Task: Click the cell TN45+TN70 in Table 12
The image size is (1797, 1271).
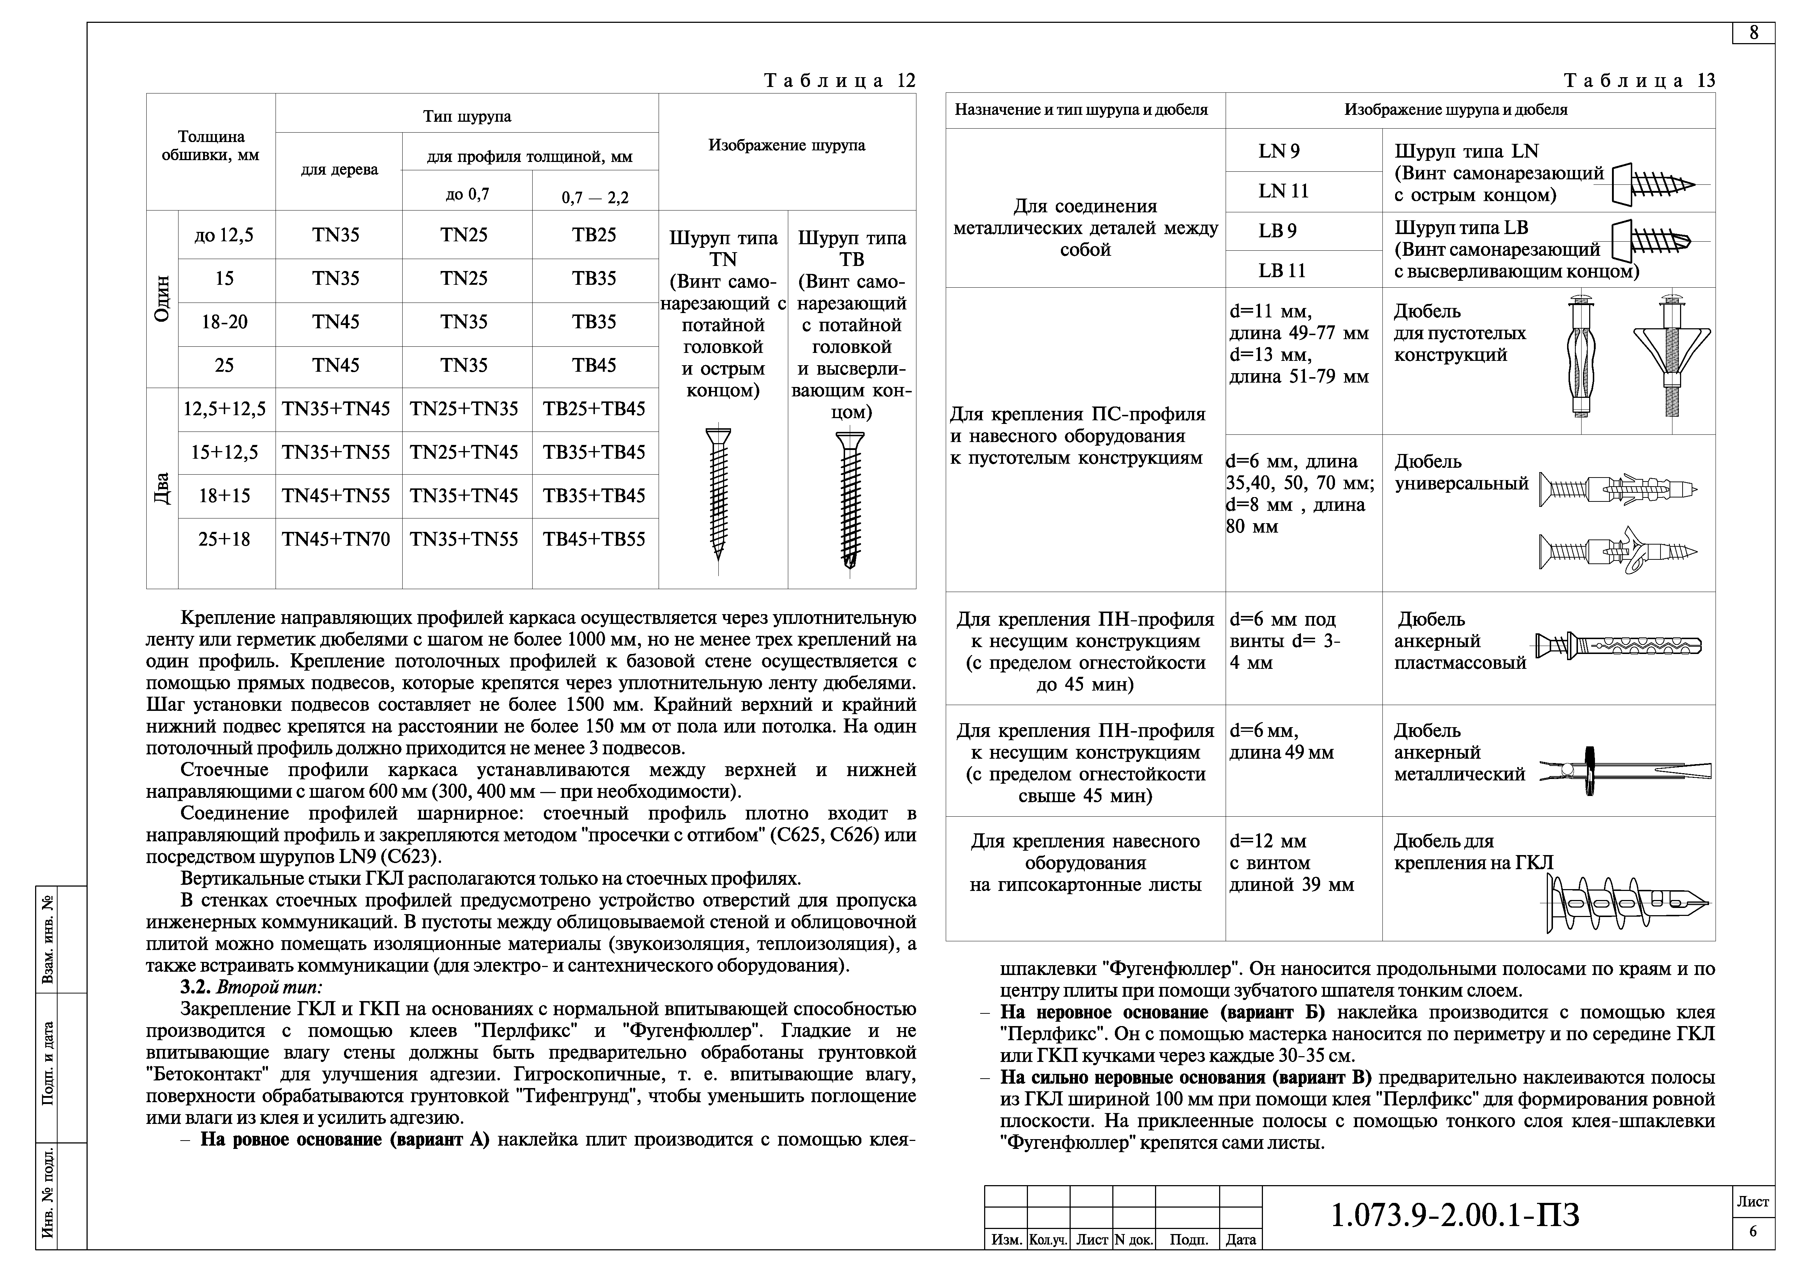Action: [x=336, y=539]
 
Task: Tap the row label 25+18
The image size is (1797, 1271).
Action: [x=224, y=539]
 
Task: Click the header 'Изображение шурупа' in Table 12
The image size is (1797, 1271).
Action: [x=786, y=146]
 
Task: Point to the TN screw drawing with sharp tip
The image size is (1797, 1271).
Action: [x=718, y=493]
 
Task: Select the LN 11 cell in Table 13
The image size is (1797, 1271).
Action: [x=1284, y=191]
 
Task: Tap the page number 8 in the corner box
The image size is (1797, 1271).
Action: [x=1754, y=33]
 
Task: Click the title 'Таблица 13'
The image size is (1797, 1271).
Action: [x=1639, y=81]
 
